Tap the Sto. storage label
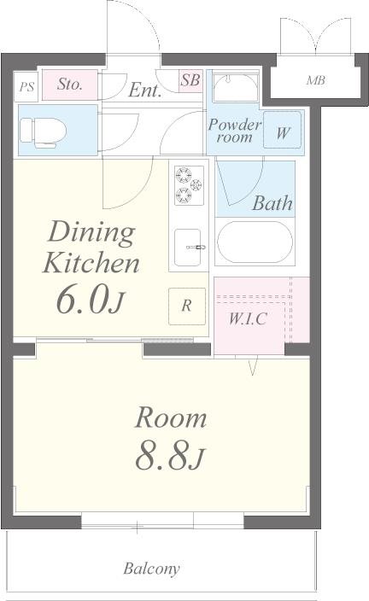click(69, 85)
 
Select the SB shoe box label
click(190, 81)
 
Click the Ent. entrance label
click(145, 91)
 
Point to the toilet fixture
click(39, 131)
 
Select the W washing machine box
click(282, 132)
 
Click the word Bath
click(272, 203)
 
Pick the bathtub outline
click(255, 242)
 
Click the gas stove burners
click(189, 185)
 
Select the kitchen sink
click(189, 248)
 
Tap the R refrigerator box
click(187, 305)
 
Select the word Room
click(172, 418)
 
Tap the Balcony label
click(151, 569)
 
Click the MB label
click(316, 82)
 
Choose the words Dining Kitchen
click(91, 247)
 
